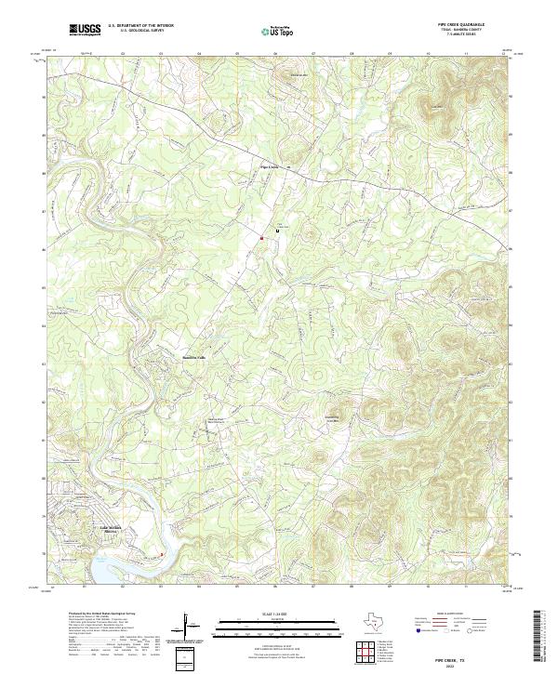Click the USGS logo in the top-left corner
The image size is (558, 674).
click(86, 30)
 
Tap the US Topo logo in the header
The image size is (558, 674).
click(272, 31)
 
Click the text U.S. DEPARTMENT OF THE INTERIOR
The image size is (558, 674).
click(139, 26)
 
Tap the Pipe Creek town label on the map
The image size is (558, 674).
click(270, 167)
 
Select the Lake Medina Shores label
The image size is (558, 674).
click(111, 534)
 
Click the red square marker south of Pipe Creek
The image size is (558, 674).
click(262, 238)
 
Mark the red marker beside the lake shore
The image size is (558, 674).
click(161, 556)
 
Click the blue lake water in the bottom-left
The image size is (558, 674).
click(107, 569)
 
